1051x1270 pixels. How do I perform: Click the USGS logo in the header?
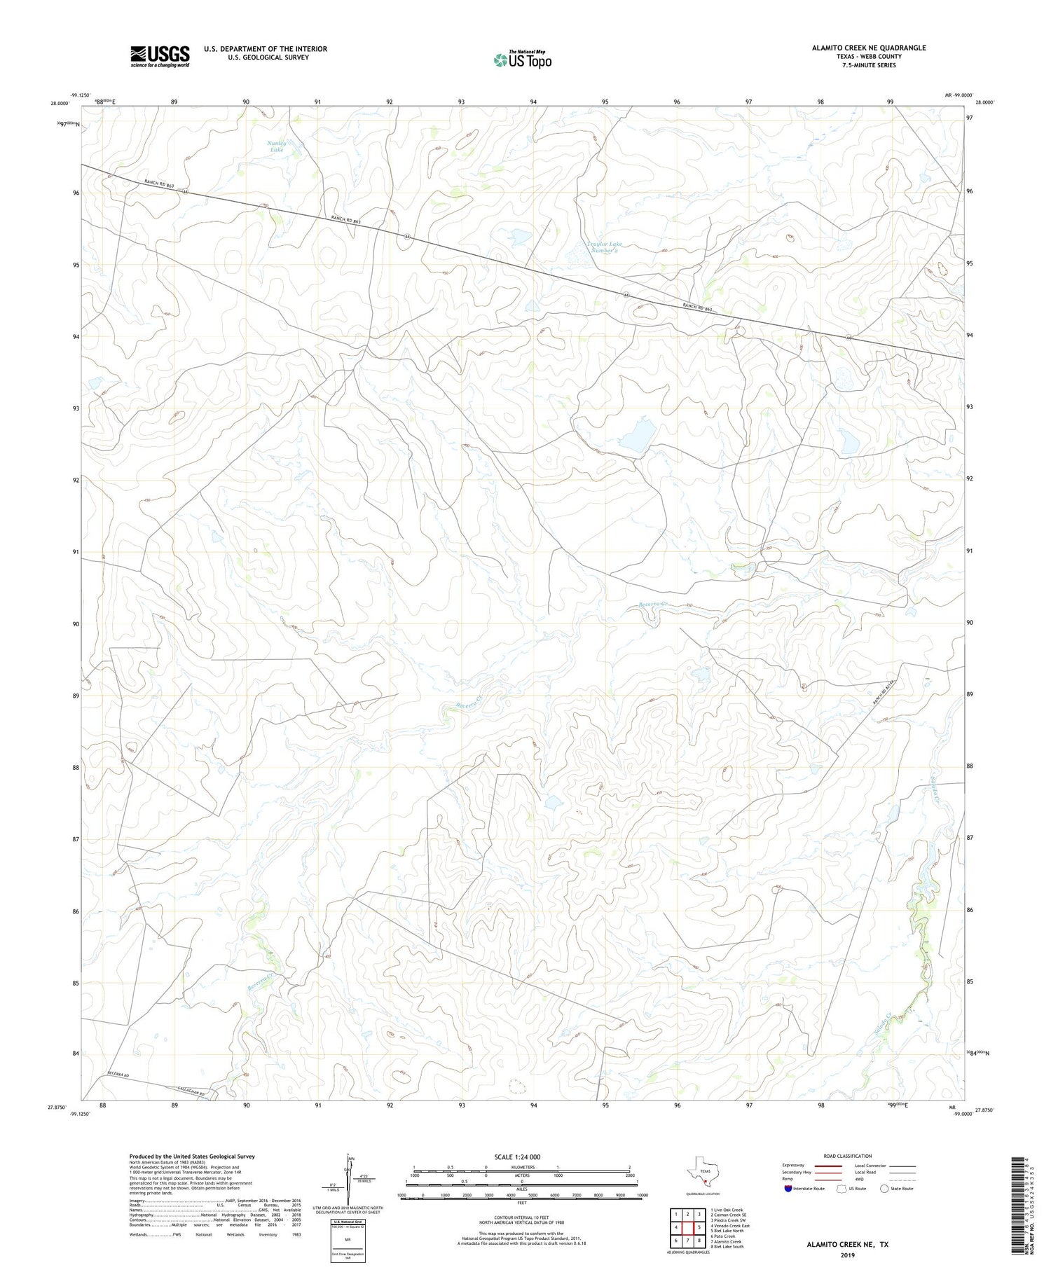160,56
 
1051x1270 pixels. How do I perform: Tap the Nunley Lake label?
277,146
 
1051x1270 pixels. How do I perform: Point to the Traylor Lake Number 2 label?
603,247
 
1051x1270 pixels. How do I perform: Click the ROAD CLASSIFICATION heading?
847,1156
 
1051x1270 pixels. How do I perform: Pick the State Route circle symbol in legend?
884,1189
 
